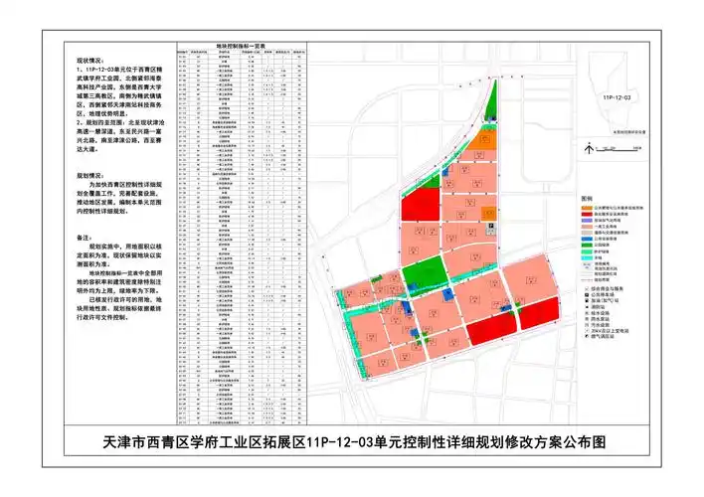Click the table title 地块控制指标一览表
click(x=239, y=45)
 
